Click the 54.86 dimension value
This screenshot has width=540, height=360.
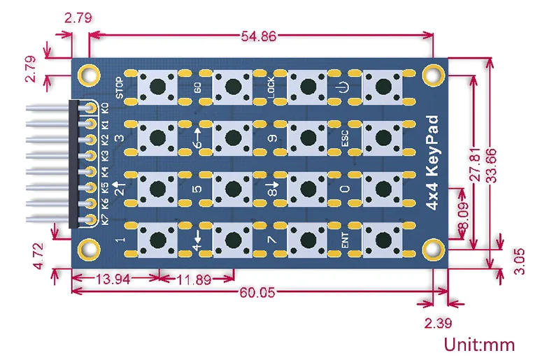pos(259,36)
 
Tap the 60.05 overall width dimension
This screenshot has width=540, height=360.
pos(257,292)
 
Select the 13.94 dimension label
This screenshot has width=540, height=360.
pos(113,279)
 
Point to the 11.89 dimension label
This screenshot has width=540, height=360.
pos(194,280)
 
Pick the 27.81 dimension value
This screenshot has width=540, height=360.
pos(475,164)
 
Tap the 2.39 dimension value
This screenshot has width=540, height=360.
pos(438,323)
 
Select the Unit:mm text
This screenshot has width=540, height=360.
pos(479,344)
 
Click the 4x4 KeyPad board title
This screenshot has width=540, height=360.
pos(432,162)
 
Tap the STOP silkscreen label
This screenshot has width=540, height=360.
pos(119,88)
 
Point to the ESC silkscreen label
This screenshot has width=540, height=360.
pos(344,138)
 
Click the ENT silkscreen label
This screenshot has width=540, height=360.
pos(344,240)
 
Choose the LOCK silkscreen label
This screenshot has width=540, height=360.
pos(271,87)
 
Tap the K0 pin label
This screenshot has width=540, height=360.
pos(105,108)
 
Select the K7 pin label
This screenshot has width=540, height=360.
pos(105,219)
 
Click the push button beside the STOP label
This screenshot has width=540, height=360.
pos(158,87)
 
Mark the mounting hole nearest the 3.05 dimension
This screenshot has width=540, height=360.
pos(433,250)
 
